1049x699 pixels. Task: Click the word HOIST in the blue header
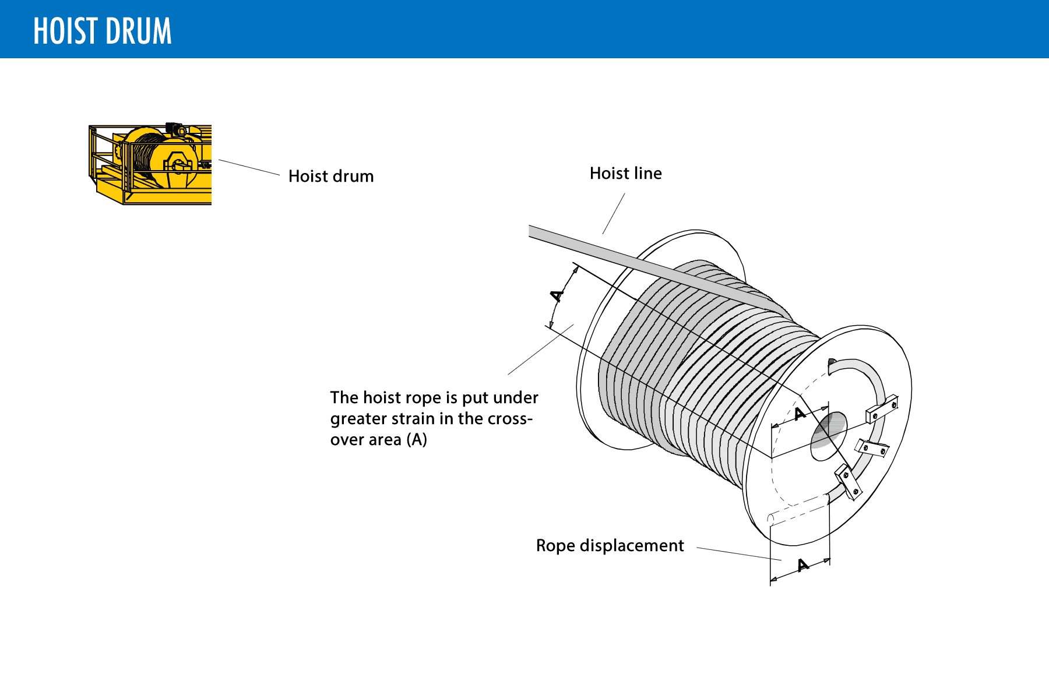65,31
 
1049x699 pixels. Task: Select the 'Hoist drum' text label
331,176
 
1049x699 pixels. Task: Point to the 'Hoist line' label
625,173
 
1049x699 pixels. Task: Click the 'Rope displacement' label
610,545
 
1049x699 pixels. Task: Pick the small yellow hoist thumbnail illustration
150,164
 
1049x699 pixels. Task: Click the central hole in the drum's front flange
829,436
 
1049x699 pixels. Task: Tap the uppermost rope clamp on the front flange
882,409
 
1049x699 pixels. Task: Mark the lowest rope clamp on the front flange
849,482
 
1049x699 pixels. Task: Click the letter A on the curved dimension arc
558,295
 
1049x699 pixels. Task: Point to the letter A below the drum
803,565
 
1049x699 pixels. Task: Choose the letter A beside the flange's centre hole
800,414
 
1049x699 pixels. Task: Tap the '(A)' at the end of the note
417,439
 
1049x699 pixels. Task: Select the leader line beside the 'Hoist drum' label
249,167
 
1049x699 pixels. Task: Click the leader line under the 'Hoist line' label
614,213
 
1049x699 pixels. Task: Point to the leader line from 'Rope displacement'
738,553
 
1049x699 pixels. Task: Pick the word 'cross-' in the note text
510,419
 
